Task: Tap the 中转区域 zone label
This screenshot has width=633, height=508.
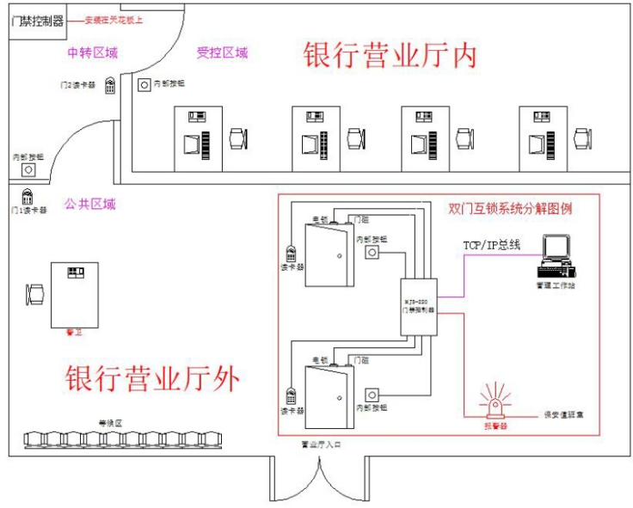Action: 92,53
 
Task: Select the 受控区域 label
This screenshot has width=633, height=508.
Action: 222,53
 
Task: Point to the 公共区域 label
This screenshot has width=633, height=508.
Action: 89,205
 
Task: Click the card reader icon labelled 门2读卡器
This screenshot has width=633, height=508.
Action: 111,86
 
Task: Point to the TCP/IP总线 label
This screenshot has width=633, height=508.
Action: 492,245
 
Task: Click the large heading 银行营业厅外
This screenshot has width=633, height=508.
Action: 152,378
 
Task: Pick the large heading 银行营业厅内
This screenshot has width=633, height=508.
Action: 390,56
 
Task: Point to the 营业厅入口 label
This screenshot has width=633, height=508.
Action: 319,445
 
